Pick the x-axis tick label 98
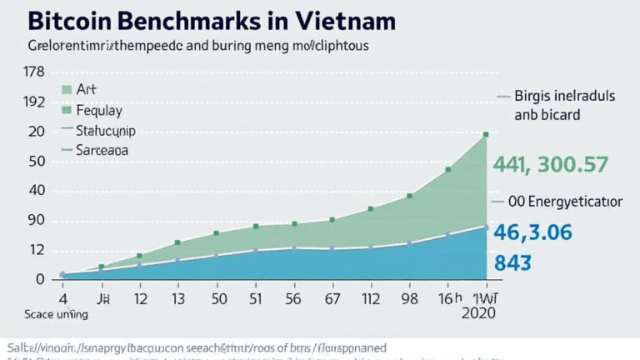point(408,297)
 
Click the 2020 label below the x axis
point(477,313)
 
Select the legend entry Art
point(87,89)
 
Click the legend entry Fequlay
point(97,110)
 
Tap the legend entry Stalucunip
point(105,131)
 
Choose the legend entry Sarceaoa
point(101,151)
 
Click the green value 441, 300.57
point(551,165)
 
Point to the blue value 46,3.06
point(533,232)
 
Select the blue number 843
point(514,262)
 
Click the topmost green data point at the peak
point(486,133)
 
